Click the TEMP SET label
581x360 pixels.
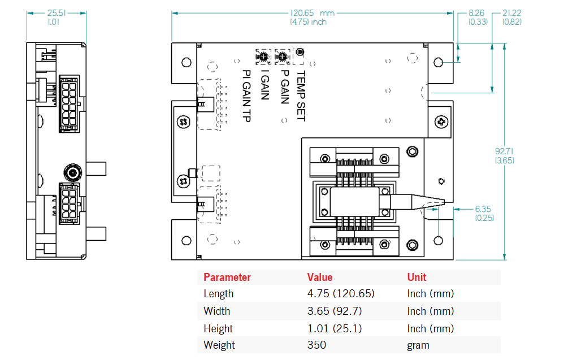(301, 96)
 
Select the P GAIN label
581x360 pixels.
(285, 86)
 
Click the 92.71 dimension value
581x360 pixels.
(505, 151)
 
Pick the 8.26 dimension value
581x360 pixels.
(478, 13)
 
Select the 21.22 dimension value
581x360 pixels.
(511, 13)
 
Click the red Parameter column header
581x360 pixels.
(227, 277)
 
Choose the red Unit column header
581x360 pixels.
(417, 277)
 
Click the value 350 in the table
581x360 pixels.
(316, 345)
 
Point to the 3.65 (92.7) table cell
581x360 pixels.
(335, 311)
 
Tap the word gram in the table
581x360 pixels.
(418, 345)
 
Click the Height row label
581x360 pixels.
(218, 328)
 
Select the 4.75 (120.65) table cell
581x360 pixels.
(341, 294)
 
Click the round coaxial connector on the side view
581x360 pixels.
(72, 171)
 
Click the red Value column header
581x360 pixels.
(319, 277)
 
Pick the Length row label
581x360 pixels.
(218, 294)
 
